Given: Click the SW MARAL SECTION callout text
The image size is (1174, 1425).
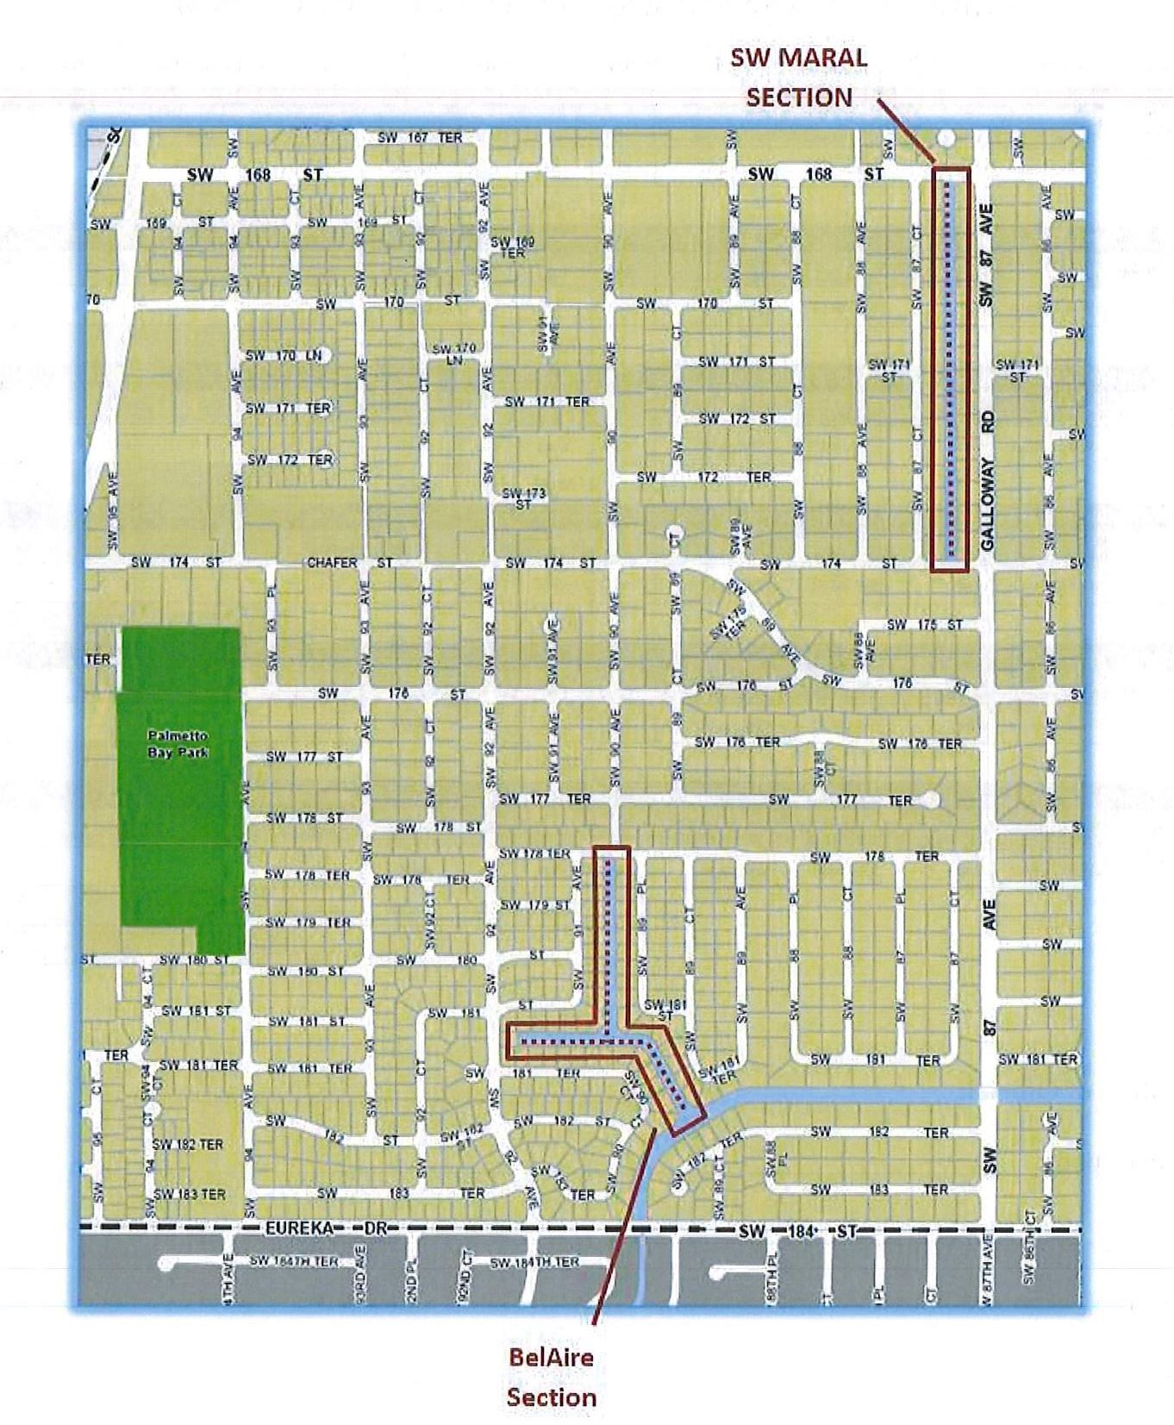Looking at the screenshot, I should click(799, 78).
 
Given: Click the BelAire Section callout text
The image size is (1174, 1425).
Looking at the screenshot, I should click(551, 1377).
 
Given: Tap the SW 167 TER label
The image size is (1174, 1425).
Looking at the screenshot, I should click(420, 138).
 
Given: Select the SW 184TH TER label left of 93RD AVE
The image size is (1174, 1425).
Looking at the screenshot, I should click(293, 1261).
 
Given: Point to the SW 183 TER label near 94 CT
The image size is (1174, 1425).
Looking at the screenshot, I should click(189, 1194).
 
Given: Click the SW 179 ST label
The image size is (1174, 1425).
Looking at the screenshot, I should click(535, 905).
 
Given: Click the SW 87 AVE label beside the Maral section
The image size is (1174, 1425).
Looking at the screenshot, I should click(987, 255).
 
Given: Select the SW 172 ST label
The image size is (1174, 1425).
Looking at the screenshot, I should click(737, 419).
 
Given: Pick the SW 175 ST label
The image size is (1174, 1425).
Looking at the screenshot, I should click(924, 624).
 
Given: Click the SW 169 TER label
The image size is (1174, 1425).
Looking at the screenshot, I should click(513, 247).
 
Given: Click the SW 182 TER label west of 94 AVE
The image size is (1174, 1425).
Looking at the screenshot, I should click(187, 1144).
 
